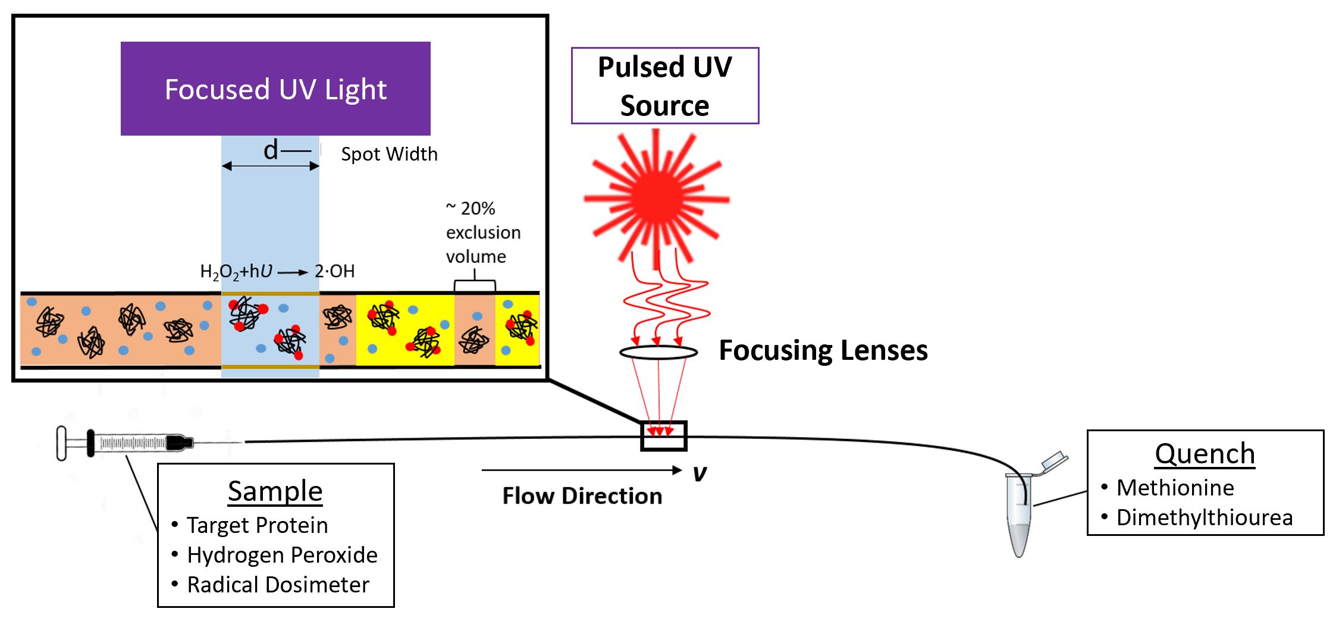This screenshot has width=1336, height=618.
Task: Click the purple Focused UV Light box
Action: [x=275, y=89]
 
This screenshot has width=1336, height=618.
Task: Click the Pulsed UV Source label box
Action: [x=664, y=86]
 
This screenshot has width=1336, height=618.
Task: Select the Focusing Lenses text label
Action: [x=823, y=350]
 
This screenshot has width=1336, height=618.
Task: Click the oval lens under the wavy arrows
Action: [x=658, y=353]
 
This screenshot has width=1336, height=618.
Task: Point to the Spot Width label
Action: [x=389, y=154]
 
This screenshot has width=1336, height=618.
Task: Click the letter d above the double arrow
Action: [x=271, y=150]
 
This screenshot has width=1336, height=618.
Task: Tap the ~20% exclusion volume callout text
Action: [x=482, y=233]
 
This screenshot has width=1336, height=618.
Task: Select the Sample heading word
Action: [x=275, y=491]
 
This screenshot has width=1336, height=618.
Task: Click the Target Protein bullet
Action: [x=257, y=525]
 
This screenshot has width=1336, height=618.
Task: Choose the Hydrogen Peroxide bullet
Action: [x=282, y=555]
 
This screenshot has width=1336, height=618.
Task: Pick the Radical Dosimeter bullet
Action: [x=278, y=585]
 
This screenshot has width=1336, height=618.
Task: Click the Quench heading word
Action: [x=1205, y=454]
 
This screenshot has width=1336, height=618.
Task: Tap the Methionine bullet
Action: [x=1175, y=488]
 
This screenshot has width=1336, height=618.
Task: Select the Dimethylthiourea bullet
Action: [x=1204, y=517]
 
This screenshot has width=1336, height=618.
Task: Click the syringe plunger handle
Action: [x=62, y=443]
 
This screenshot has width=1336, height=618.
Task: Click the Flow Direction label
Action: [x=582, y=496]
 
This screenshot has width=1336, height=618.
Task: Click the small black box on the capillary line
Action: [x=664, y=436]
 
